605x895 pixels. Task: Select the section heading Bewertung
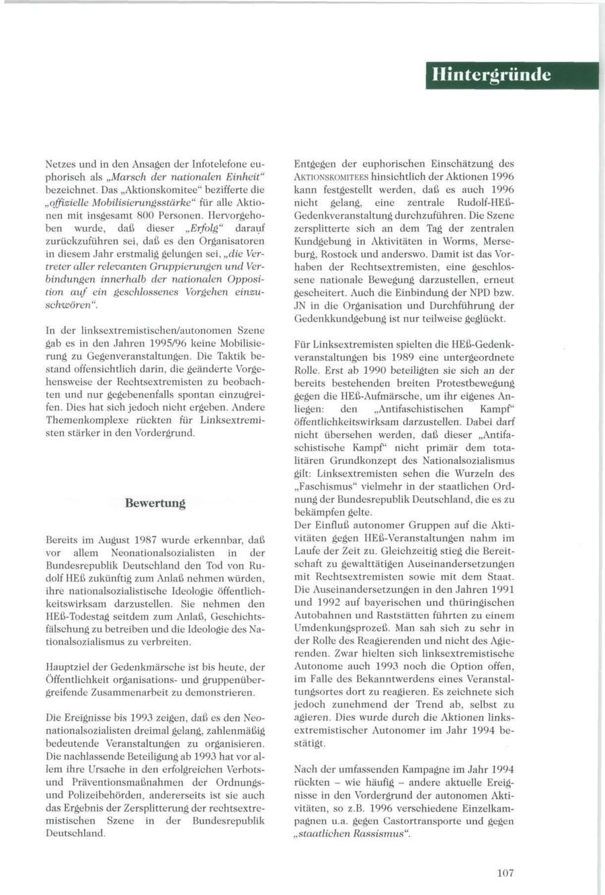coord(155,502)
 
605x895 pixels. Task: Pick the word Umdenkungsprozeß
coord(335,627)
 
